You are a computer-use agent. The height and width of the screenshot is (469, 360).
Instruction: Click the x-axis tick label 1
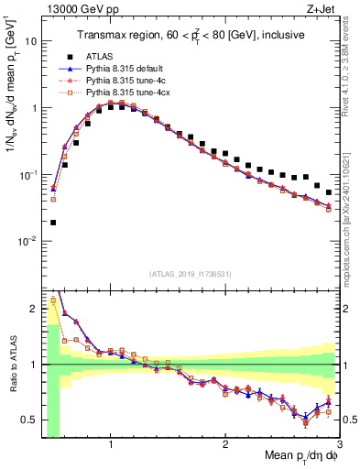click(111, 444)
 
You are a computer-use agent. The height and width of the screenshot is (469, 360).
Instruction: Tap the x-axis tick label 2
click(225, 444)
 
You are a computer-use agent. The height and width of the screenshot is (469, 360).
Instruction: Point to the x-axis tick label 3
click(339, 444)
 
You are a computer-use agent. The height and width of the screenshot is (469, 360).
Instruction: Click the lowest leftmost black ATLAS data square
click(53, 223)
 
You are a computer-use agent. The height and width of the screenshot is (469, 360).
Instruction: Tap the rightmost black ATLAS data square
click(329, 192)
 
